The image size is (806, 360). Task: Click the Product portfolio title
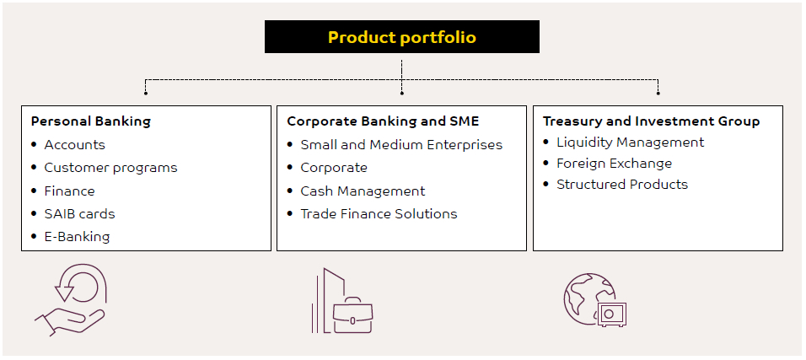[x=402, y=37]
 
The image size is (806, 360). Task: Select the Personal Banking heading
[x=91, y=121]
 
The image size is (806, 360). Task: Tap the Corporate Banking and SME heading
[x=383, y=121]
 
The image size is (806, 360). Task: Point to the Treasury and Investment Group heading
[x=651, y=121]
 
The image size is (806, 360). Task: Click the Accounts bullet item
[x=74, y=145]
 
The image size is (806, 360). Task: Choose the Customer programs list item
[x=110, y=168]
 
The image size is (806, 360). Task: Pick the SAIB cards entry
[x=80, y=214]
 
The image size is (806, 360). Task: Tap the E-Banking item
[x=77, y=237]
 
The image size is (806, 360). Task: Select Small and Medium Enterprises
[x=401, y=145]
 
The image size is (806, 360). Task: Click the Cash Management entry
[x=363, y=191]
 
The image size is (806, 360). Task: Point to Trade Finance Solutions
[x=379, y=214]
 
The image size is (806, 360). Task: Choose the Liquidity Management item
[x=630, y=142]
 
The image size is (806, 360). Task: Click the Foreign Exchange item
[x=615, y=164]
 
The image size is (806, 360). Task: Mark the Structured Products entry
[x=622, y=185]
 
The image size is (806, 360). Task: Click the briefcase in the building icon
[x=352, y=314]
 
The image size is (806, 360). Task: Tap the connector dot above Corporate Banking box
[x=402, y=93]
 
